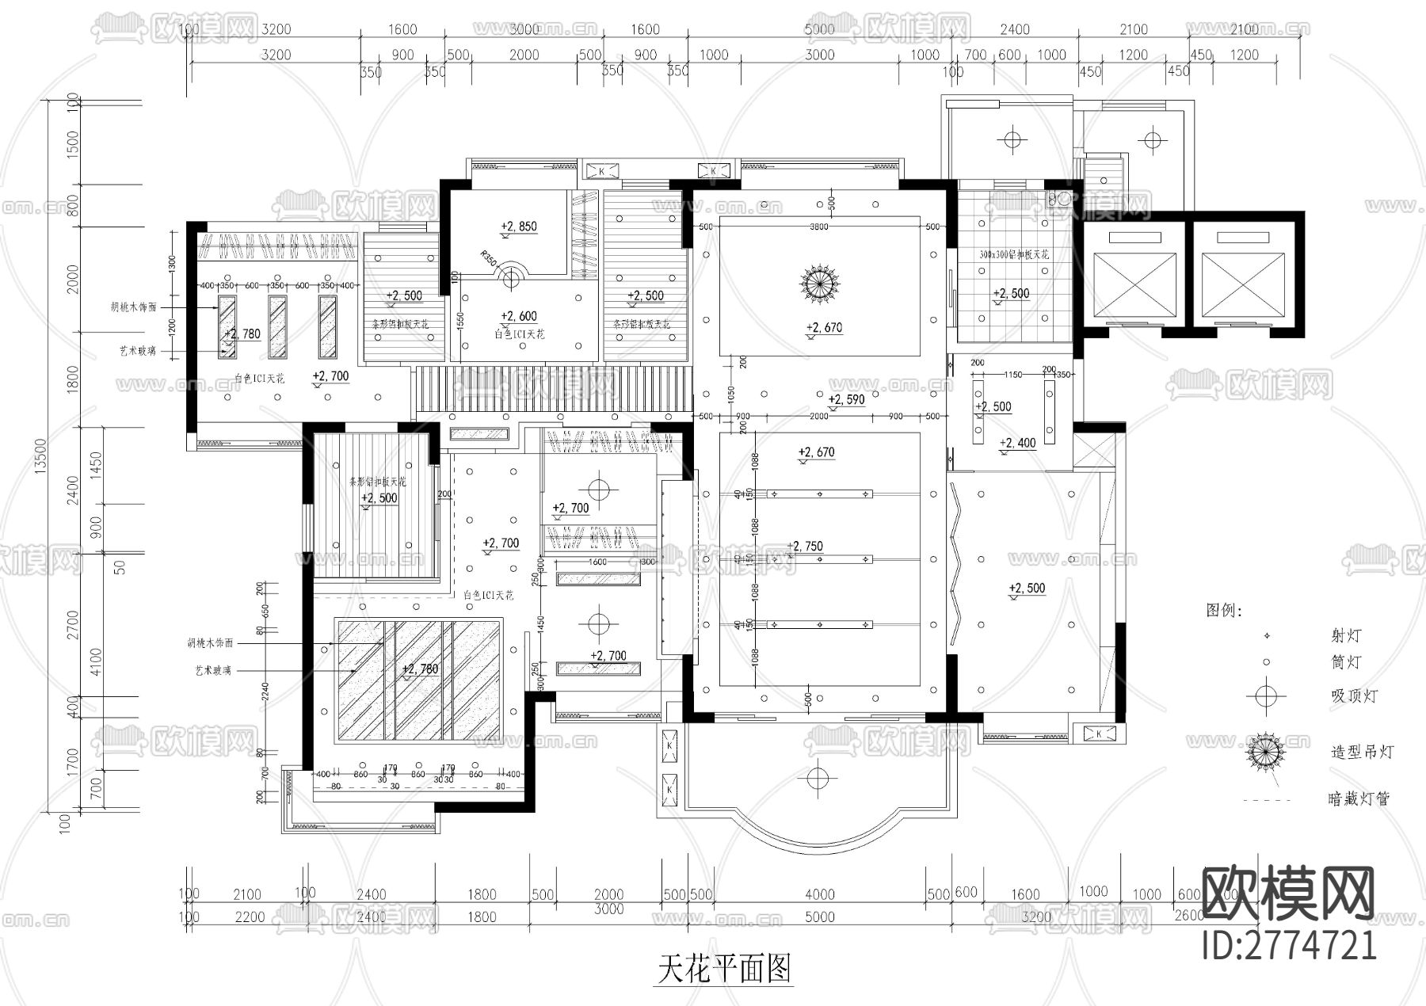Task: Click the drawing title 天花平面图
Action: tap(724, 968)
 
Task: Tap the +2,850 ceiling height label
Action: tap(519, 227)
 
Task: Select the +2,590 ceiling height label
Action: tap(846, 399)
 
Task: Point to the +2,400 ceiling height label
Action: tap(1017, 444)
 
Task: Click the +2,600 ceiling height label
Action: tap(519, 316)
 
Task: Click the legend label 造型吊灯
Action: tap(1361, 752)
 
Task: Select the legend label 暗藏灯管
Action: tap(1358, 799)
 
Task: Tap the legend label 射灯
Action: tap(1346, 635)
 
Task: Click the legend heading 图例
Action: tap(1223, 611)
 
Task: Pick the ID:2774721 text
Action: tap(1289, 946)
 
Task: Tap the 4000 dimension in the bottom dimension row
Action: tap(819, 894)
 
